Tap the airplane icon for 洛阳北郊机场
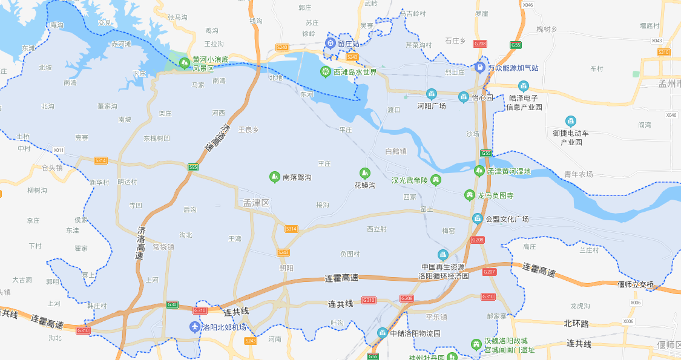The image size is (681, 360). (195, 327)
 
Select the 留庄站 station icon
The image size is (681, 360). (331, 43)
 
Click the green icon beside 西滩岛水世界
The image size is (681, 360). (326, 72)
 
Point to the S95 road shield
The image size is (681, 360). (193, 168)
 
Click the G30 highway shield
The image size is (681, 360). (172, 304)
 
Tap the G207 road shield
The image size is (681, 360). (489, 272)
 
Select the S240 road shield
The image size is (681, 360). (281, 47)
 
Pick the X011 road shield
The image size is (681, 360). (58, 150)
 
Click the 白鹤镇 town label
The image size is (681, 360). (395, 151)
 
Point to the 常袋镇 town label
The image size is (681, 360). (163, 247)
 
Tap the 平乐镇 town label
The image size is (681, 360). (436, 316)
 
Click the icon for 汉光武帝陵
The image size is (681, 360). (435, 180)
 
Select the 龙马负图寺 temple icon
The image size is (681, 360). (469, 195)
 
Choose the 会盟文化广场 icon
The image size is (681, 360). (478, 218)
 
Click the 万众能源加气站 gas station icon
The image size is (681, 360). (479, 67)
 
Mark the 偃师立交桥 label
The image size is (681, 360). (636, 284)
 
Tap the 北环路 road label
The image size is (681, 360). (576, 324)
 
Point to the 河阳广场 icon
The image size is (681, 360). (432, 94)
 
